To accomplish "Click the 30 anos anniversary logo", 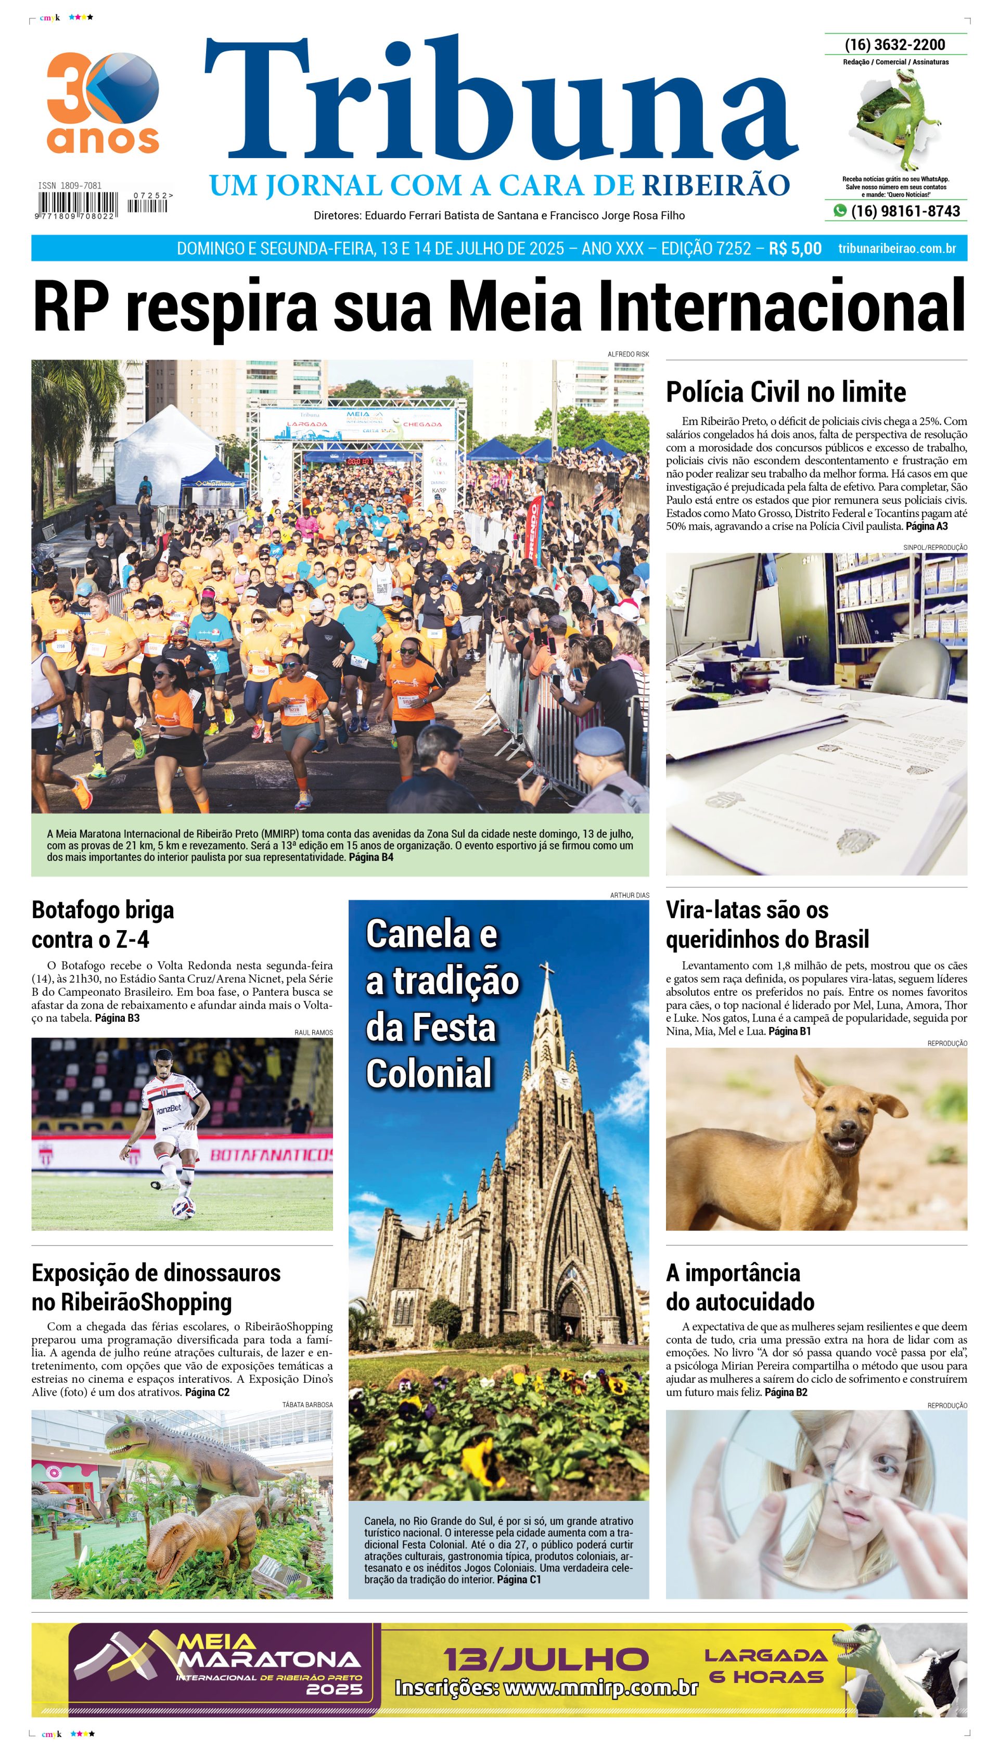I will (x=103, y=103).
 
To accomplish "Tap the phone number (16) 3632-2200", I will (x=895, y=45).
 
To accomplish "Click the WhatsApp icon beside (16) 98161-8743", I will (x=839, y=211).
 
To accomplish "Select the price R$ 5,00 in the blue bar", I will (x=795, y=248).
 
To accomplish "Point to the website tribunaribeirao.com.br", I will (x=897, y=248).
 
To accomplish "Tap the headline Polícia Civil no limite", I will (x=786, y=392).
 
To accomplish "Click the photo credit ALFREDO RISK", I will (x=628, y=354).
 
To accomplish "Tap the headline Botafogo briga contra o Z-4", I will (x=103, y=924).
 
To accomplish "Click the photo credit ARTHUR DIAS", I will (x=629, y=895).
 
